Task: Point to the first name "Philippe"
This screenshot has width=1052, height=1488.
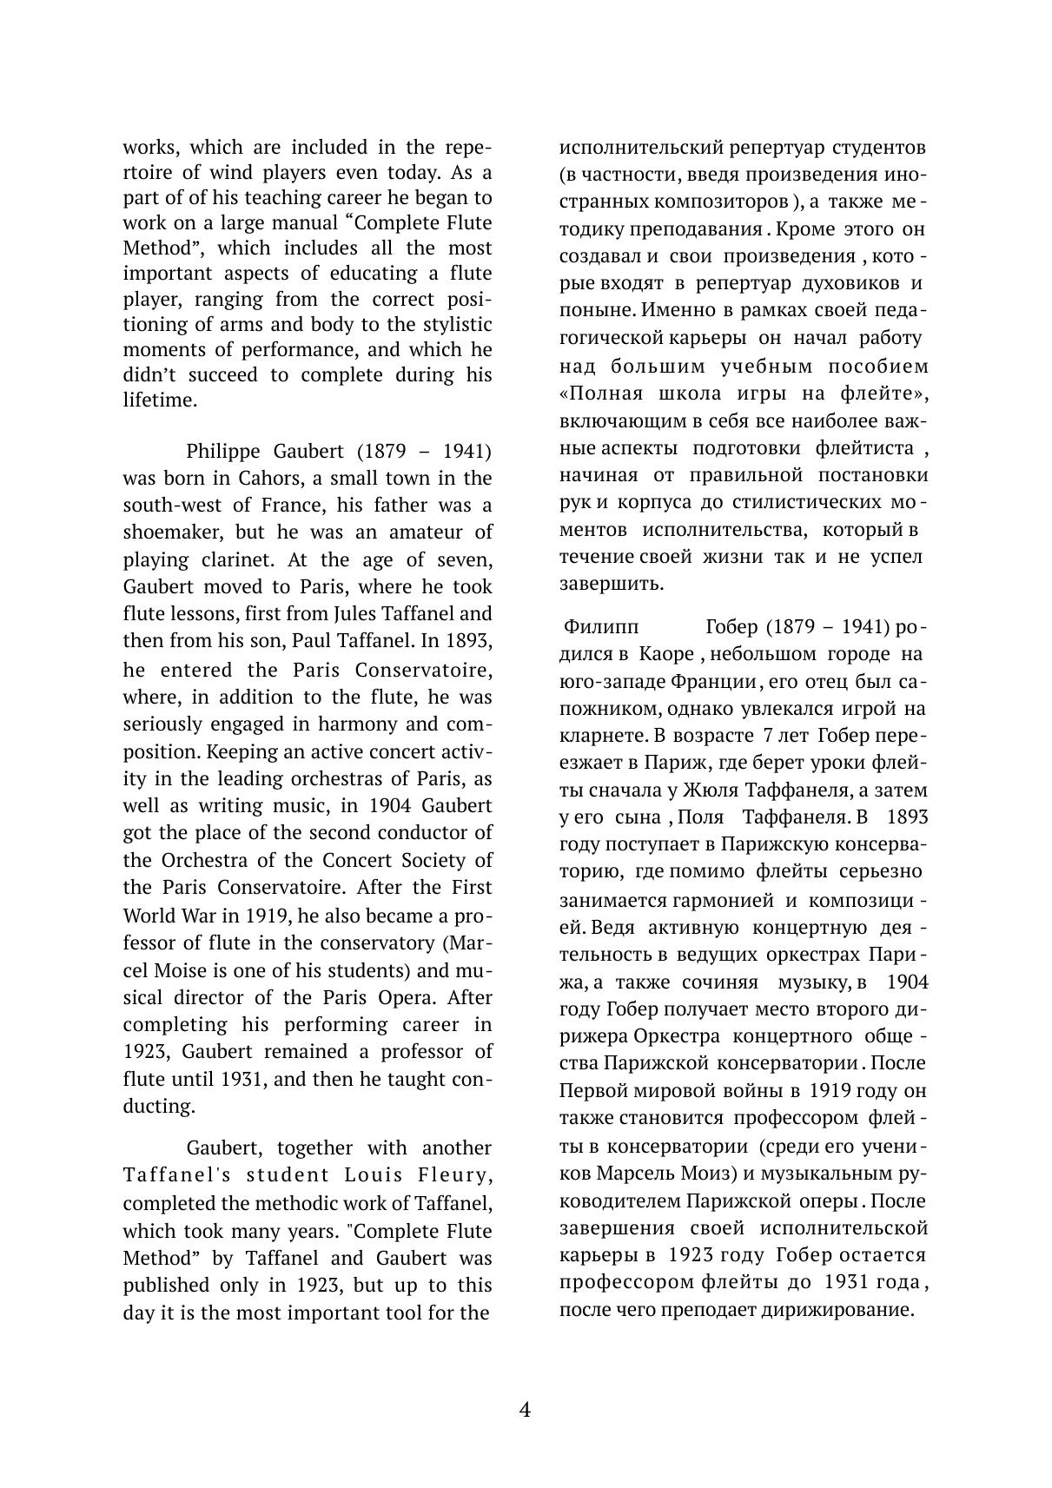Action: (222, 452)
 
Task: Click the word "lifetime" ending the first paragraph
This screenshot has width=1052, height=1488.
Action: (158, 400)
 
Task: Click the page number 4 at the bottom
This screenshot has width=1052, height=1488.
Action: (525, 1409)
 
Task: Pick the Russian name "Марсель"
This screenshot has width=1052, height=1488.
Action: (632, 1174)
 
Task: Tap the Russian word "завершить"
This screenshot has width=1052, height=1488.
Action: (612, 584)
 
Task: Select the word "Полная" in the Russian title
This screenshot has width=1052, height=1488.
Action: (605, 393)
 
